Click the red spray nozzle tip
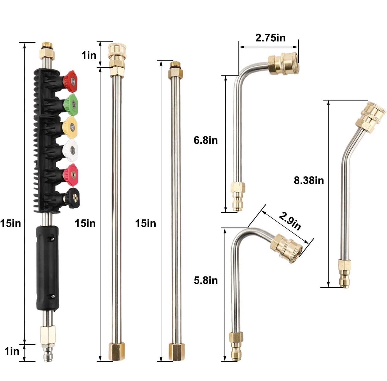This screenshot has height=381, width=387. [x=70, y=81]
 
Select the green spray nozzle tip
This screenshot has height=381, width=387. [x=71, y=104]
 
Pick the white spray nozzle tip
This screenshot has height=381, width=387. [x=70, y=151]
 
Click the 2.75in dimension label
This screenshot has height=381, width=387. [x=270, y=38]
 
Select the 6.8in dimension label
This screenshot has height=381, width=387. [x=206, y=140]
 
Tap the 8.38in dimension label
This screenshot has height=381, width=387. [x=309, y=180]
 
